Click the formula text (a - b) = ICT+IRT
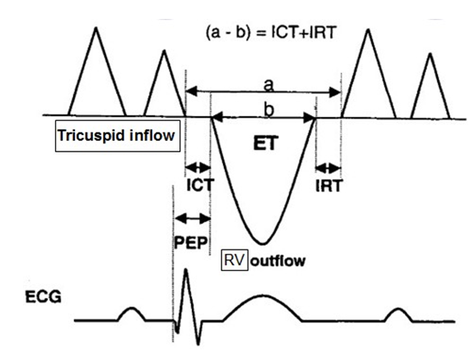pyautogui.click(x=271, y=32)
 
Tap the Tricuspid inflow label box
pyautogui.click(x=118, y=136)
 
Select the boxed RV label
pyautogui.click(x=235, y=260)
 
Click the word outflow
pyautogui.click(x=277, y=261)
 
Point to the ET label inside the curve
pyautogui.click(x=265, y=143)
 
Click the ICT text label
pyautogui.click(x=200, y=185)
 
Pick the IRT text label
pyautogui.click(x=328, y=185)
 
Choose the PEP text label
pyautogui.click(x=192, y=242)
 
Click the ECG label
pyautogui.click(x=44, y=297)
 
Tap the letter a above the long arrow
pyautogui.click(x=268, y=85)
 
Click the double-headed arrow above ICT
pyautogui.click(x=198, y=166)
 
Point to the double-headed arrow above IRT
pyautogui.click(x=328, y=167)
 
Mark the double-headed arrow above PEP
pyautogui.click(x=193, y=218)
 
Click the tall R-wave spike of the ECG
pyautogui.click(x=186, y=269)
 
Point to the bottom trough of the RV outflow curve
pyautogui.click(x=263, y=243)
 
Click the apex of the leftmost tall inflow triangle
pyautogui.click(x=96, y=28)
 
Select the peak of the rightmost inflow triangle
pyautogui.click(x=430, y=54)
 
